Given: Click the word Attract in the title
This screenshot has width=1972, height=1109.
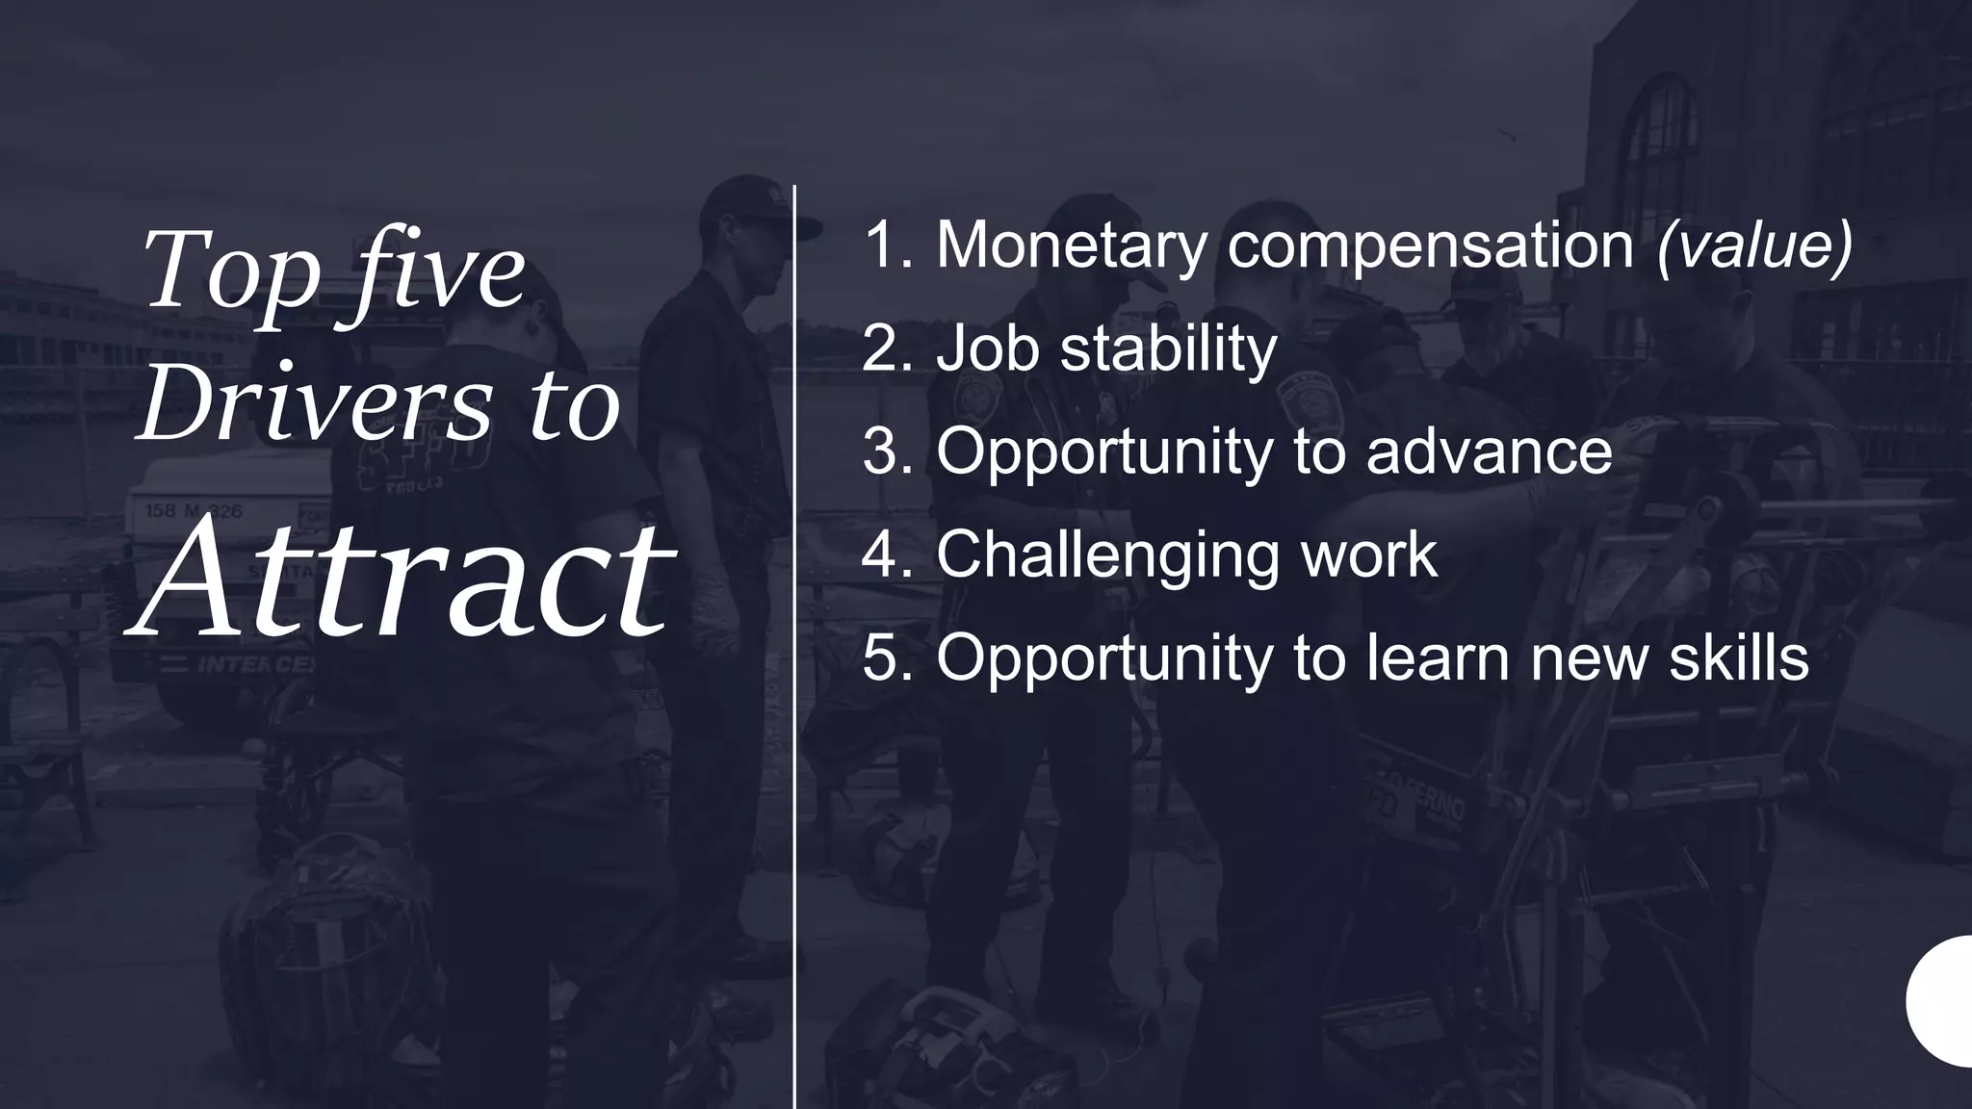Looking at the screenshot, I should pos(402,579).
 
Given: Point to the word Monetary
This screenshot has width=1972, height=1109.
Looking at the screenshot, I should pos(1072,245).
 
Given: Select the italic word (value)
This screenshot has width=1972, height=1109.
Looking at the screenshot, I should pos(1754,245).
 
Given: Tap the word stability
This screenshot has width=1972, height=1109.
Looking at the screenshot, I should pos(1168,348).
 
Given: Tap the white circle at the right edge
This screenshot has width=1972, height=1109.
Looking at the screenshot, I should pos(1942,1001).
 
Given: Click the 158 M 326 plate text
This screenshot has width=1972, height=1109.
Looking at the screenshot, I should pos(194,511).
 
